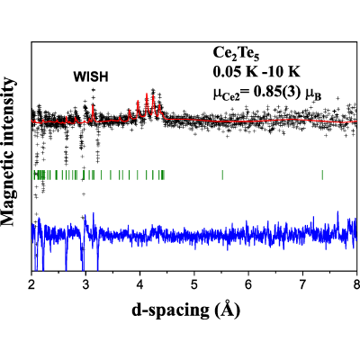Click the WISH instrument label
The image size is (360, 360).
pyautogui.click(x=91, y=77)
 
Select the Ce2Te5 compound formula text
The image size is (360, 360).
pyautogui.click(x=236, y=54)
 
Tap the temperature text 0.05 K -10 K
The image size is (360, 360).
pyautogui.click(x=256, y=72)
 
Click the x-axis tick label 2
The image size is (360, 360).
pyautogui.click(x=31, y=283)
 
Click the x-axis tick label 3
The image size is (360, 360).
pyautogui.click(x=85, y=283)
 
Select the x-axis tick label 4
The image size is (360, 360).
pyautogui.click(x=140, y=283)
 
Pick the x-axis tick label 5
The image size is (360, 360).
pyautogui.click(x=194, y=283)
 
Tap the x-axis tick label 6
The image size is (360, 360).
pyautogui.click(x=248, y=283)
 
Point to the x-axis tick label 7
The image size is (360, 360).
pyautogui.click(x=302, y=283)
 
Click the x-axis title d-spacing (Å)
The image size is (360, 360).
pyautogui.click(x=186, y=310)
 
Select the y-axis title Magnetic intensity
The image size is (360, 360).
pyautogui.click(x=8, y=152)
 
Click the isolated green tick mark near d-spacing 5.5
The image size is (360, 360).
pyautogui.click(x=222, y=175)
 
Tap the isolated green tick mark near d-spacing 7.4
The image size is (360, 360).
pyautogui.click(x=322, y=175)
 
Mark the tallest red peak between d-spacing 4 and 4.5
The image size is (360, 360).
pyautogui.click(x=147, y=94)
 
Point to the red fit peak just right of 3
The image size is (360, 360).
pyautogui.click(x=93, y=105)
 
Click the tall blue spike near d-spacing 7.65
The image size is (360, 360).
pyautogui.click(x=338, y=211)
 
